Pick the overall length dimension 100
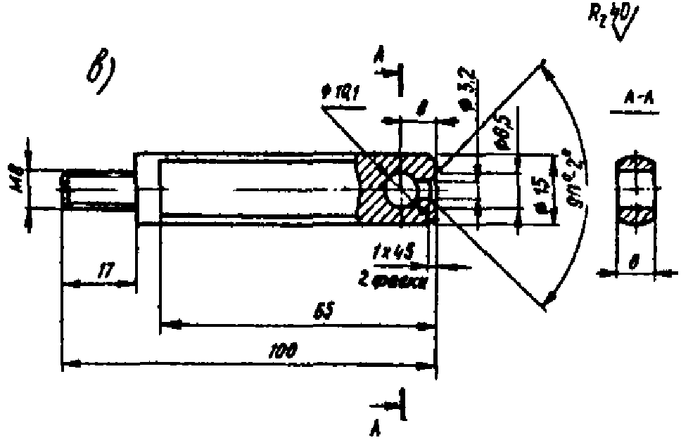[285, 349]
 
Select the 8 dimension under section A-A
[634, 261]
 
